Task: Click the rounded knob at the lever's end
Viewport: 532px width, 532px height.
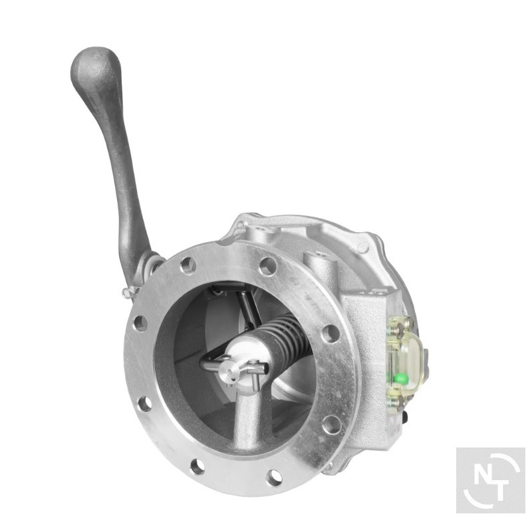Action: pyautogui.click(x=95, y=71)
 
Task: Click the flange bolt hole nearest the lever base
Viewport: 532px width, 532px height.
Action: pyautogui.click(x=188, y=264)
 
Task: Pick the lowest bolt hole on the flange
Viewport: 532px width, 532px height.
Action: pyautogui.click(x=274, y=477)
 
